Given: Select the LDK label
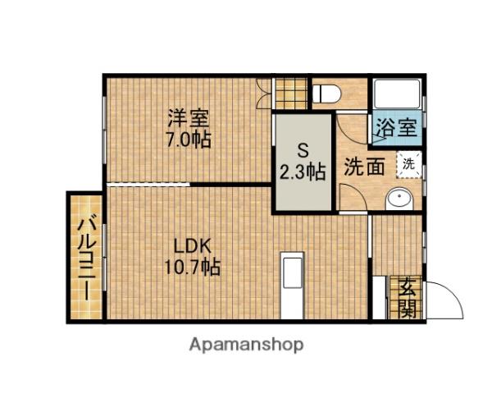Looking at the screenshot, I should pos(193,245).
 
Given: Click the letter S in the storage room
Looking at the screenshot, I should pos(303,151).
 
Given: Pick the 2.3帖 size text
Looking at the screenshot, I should pos(303,172).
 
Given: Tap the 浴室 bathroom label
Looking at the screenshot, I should pos(397,128).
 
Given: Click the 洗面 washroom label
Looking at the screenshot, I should pos(364,166).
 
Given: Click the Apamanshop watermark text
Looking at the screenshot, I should pos(246,345).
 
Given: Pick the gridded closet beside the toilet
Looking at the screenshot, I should pos(290,92).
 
